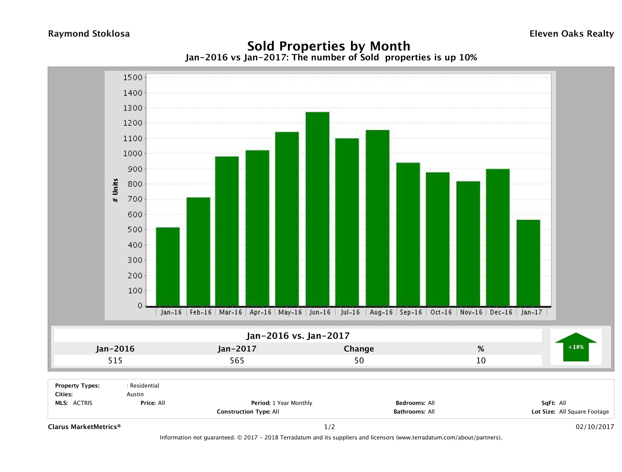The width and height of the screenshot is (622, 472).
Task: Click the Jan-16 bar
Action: tap(167, 266)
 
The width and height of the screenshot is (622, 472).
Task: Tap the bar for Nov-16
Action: tap(468, 243)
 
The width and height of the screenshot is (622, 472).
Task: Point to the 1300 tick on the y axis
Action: tap(133, 108)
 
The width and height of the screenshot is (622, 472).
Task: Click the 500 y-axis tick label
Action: tap(133, 229)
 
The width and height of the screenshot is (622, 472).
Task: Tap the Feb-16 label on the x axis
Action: tap(200, 312)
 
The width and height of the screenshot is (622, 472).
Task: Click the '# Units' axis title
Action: tap(115, 190)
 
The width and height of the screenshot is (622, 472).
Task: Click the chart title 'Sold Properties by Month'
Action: tap(329, 46)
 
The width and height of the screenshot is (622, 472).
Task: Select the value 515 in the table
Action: tap(115, 360)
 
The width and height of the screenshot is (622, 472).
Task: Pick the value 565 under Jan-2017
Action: tap(237, 360)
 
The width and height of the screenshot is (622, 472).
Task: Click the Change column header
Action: tap(359, 349)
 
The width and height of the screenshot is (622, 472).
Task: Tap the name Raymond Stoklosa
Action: tap(89, 34)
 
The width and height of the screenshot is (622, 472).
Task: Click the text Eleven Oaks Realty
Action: tap(571, 34)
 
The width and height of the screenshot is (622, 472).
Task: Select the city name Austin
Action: tap(135, 394)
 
